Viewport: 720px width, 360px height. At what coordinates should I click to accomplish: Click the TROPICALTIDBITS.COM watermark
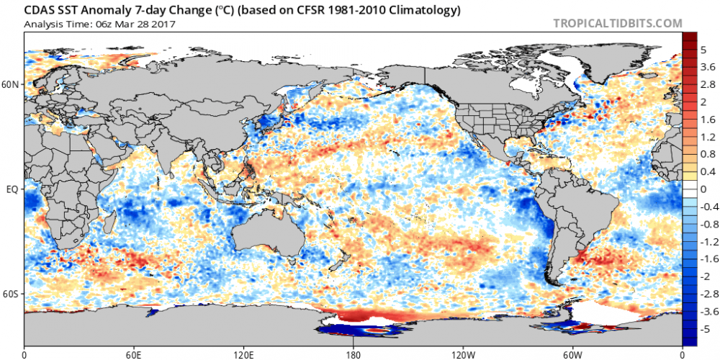pyautogui.click(x=617, y=23)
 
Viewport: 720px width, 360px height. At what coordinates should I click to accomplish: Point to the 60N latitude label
pyautogui.click(x=12, y=84)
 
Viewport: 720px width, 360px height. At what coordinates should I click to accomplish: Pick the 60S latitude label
pyautogui.click(x=12, y=294)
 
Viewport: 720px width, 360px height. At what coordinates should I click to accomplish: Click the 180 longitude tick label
pyautogui.click(x=354, y=354)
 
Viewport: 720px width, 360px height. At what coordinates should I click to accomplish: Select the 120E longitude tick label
pyautogui.click(x=243, y=354)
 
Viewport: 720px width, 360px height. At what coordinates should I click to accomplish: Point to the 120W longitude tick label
pyautogui.click(x=463, y=354)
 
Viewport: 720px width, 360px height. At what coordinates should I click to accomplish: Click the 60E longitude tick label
pyautogui.click(x=134, y=354)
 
